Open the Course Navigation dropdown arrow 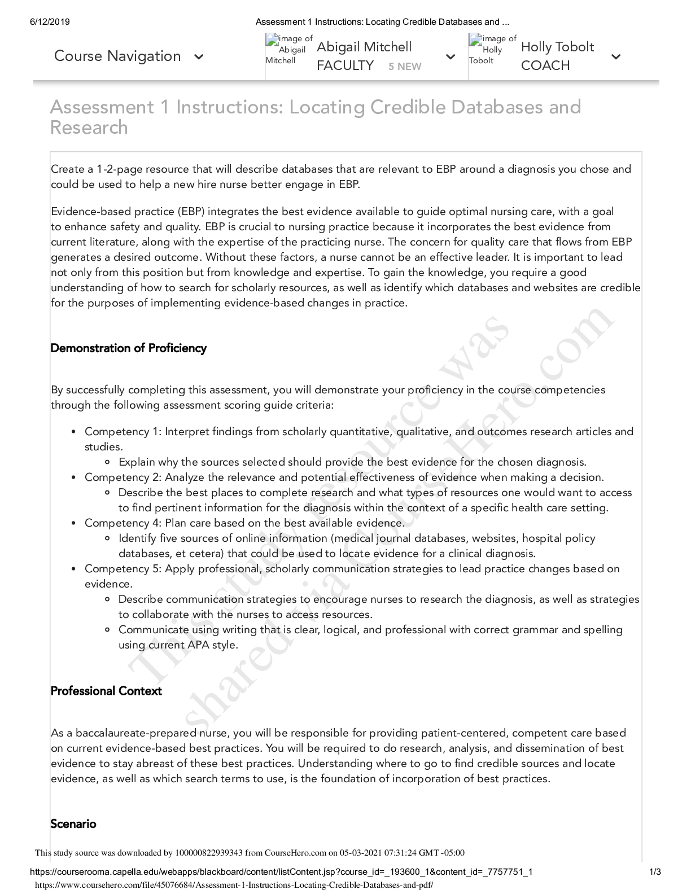click(x=198, y=57)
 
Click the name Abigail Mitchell click(x=364, y=47)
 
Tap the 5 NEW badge click(x=405, y=67)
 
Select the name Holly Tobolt click(x=557, y=47)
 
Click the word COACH click(x=545, y=65)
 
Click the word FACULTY click(x=345, y=65)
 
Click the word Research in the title click(x=89, y=128)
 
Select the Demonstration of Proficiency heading click(x=128, y=348)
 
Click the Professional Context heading click(x=106, y=691)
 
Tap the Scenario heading click(x=73, y=824)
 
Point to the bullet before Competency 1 click(x=74, y=432)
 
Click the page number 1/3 click(x=655, y=872)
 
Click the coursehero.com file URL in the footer click(x=234, y=886)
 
